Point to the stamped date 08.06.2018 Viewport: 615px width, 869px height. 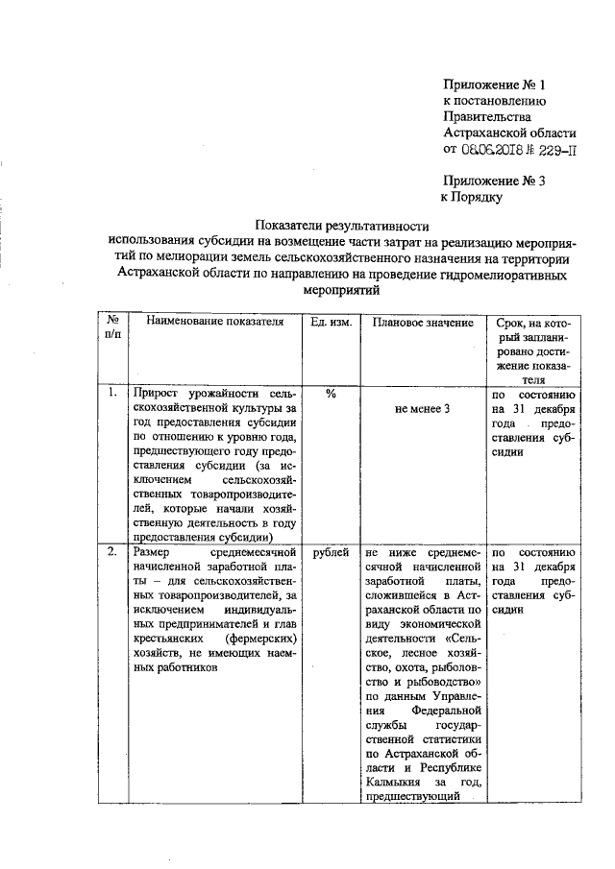(494, 150)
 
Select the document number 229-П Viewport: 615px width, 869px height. (558, 150)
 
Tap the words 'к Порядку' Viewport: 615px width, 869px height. (472, 197)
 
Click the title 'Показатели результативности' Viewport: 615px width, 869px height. (341, 224)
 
